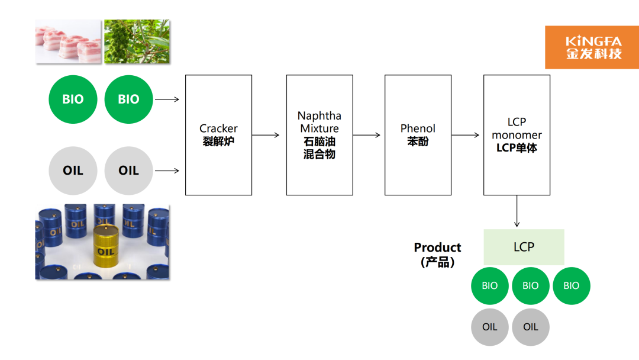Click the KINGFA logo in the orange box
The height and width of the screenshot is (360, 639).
pyautogui.click(x=592, y=47)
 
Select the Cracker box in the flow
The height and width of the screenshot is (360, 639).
pyautogui.click(x=218, y=135)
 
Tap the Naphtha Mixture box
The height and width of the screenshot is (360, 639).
pyautogui.click(x=319, y=135)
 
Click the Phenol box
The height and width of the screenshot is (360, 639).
pyautogui.click(x=418, y=135)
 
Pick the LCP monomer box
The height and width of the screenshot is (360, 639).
pyautogui.click(x=517, y=135)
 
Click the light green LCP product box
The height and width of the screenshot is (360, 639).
pyautogui.click(x=524, y=247)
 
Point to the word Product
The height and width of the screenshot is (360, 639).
pyautogui.click(x=437, y=247)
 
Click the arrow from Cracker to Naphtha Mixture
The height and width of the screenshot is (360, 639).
pyautogui.click(x=266, y=135)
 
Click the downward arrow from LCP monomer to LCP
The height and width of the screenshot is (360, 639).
pyautogui.click(x=517, y=211)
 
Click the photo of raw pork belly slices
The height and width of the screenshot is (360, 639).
pyautogui.click(x=68, y=42)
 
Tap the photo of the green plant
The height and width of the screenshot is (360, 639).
pyautogui.click(x=137, y=42)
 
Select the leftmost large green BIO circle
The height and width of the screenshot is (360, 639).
pyautogui.click(x=73, y=99)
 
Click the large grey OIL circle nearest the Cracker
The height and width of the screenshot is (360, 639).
pyautogui.click(x=128, y=171)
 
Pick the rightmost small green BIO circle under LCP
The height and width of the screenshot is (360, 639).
pyautogui.click(x=571, y=285)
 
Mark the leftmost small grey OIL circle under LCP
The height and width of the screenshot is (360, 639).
pyautogui.click(x=489, y=327)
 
